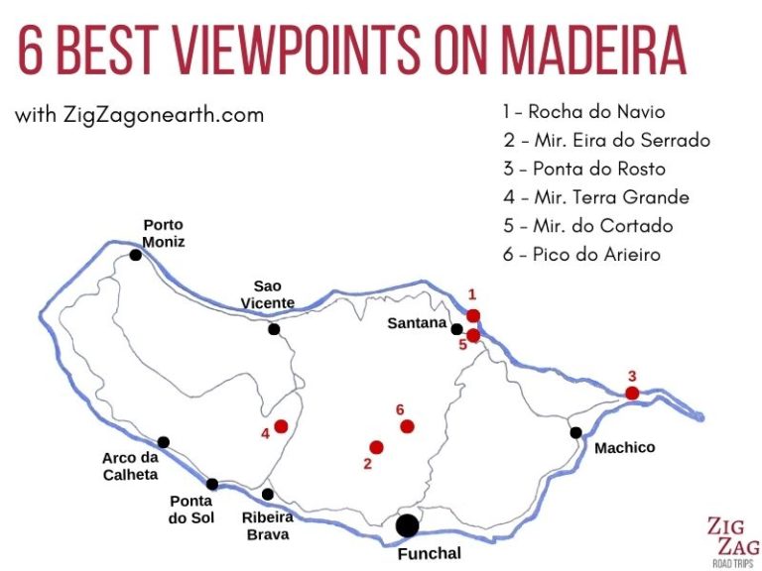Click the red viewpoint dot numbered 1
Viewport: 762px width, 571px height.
point(473,315)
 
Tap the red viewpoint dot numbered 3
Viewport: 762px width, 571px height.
point(632,394)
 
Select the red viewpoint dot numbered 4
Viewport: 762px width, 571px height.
point(281,426)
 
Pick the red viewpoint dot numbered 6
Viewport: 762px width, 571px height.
point(406,426)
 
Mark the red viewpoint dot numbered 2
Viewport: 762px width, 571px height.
point(376,447)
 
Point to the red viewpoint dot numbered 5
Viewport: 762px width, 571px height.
point(473,335)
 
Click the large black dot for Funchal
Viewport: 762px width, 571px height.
point(407,525)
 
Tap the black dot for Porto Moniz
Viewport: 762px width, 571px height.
point(135,255)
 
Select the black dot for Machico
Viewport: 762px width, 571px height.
point(575,432)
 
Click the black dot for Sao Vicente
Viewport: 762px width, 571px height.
point(274,329)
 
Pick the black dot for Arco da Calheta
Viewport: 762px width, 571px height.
point(164,442)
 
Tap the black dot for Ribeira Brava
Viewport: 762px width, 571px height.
point(267,494)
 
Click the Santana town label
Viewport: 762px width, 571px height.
point(417,322)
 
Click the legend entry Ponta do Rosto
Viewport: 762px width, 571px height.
point(583,169)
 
